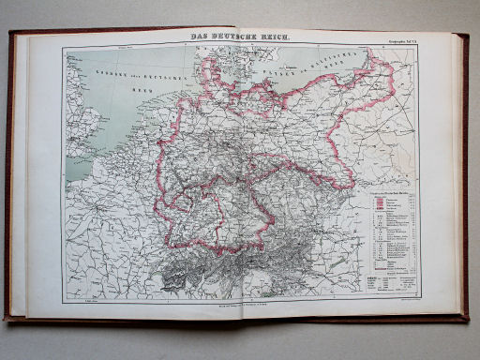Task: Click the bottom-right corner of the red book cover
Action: pyautogui.click(x=468, y=321)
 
